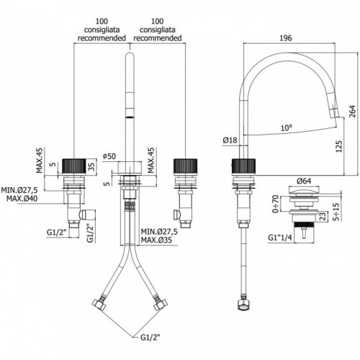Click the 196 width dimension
click(286, 38)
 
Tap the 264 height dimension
click(352, 112)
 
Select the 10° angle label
click(287, 128)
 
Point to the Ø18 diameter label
click(230, 140)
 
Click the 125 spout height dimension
click(338, 146)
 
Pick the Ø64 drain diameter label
click(304, 181)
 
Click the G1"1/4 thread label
click(280, 238)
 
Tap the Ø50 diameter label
click(109, 156)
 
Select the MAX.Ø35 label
click(156, 240)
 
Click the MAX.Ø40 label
click(22, 199)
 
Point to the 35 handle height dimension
click(91, 166)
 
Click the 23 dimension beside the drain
click(323, 216)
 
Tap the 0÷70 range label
click(276, 204)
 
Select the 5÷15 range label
click(336, 212)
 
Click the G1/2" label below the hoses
click(150, 338)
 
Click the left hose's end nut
click(99, 305)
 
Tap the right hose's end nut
click(161, 305)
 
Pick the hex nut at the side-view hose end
click(244, 305)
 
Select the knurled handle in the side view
click(244, 166)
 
